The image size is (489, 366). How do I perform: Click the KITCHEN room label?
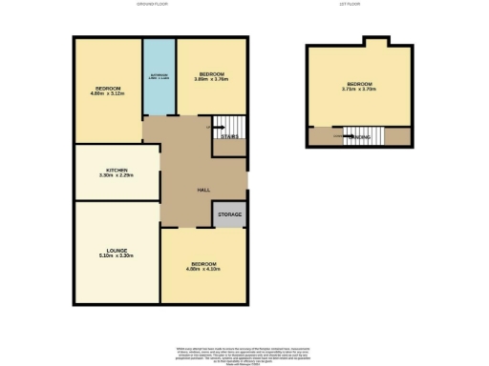click(117, 169)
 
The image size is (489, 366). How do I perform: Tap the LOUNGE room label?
click(117, 250)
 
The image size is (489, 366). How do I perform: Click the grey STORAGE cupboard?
click(229, 215)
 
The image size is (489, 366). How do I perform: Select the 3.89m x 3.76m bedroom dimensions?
click(211, 80)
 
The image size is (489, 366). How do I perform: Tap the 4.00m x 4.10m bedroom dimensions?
click(203, 270)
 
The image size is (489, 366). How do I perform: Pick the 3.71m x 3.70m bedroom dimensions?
click(359, 90)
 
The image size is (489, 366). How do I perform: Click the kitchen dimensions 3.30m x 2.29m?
click(117, 175)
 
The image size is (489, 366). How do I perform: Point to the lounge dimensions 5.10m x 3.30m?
click(117, 256)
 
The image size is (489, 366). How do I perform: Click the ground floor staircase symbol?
click(225, 127)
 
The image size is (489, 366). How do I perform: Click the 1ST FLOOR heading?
click(349, 5)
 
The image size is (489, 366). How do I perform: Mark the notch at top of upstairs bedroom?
click(376, 41)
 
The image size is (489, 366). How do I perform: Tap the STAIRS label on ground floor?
click(229, 137)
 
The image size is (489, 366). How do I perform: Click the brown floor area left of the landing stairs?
click(322, 137)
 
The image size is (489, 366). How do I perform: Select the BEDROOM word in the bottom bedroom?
click(203, 263)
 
